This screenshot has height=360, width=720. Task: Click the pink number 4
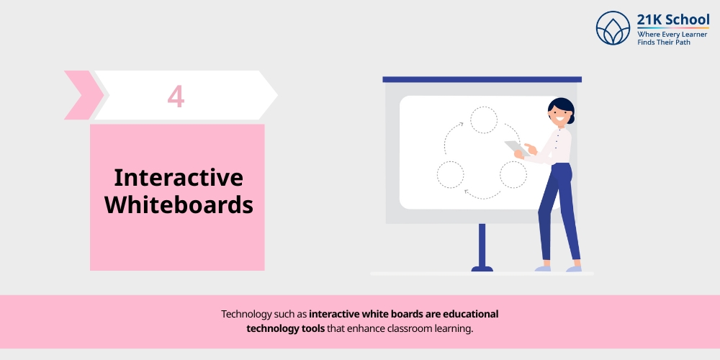[176, 96]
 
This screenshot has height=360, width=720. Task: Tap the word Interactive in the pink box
[179, 177]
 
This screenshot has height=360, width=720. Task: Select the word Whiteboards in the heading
[179, 205]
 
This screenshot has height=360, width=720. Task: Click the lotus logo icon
[613, 28]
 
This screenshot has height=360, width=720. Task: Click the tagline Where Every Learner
[672, 34]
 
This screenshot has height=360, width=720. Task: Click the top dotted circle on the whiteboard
[484, 120]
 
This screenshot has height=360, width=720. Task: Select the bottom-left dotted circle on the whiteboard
[451, 174]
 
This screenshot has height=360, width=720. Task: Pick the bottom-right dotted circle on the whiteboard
[513, 174]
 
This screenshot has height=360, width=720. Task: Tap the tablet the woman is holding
[516, 148]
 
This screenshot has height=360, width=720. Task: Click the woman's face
[557, 115]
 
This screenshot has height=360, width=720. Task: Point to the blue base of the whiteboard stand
[482, 269]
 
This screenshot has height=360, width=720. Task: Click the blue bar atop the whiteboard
[482, 79]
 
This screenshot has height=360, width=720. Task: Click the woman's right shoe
[574, 269]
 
